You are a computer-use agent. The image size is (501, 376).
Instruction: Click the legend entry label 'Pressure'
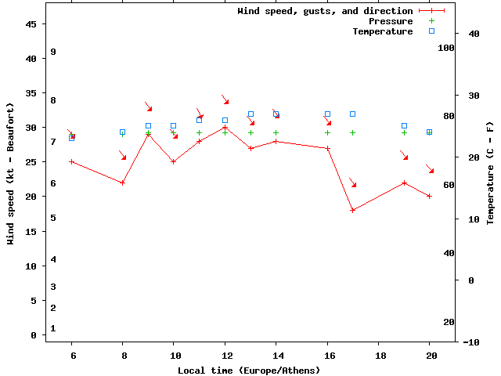(390, 21)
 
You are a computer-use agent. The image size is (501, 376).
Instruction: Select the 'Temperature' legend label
(382, 31)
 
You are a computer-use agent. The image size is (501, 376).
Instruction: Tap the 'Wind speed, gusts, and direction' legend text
(325, 11)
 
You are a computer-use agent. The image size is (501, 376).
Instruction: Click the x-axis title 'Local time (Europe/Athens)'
(249, 370)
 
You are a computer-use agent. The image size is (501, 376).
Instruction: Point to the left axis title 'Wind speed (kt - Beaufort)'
(11, 173)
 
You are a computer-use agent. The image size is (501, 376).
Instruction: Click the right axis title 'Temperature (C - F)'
(490, 173)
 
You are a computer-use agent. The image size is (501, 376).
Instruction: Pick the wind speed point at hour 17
(353, 210)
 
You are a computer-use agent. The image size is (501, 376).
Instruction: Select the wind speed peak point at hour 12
(225, 128)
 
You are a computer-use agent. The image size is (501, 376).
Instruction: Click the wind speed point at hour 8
(123, 183)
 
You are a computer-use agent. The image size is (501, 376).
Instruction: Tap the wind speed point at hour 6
(72, 161)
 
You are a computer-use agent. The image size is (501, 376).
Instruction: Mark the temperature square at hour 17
(353, 114)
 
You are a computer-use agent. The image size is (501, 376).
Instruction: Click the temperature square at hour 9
(148, 125)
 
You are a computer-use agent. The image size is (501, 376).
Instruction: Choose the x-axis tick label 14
(276, 354)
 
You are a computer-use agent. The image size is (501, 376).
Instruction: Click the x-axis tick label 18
(378, 354)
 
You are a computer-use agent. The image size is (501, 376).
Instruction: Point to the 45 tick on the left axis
(31, 24)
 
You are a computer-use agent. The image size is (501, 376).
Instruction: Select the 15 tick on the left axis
(31, 231)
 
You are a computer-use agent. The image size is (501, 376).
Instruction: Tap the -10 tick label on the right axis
(471, 342)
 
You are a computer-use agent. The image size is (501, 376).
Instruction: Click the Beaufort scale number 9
(53, 52)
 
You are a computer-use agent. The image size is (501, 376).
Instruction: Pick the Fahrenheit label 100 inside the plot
(446, 48)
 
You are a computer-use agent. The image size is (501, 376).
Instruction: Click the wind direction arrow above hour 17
(353, 183)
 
